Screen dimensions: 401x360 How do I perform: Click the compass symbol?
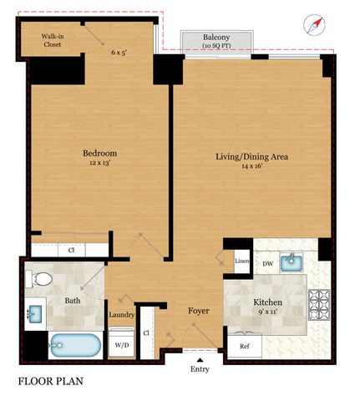click(x=314, y=26)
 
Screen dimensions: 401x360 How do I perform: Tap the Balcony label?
click(x=217, y=38)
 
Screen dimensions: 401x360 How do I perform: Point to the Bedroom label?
click(x=99, y=154)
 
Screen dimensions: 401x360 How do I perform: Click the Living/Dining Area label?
click(x=251, y=156)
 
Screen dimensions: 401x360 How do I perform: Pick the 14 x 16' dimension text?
click(x=251, y=168)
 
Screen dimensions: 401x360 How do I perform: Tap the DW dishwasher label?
click(x=268, y=263)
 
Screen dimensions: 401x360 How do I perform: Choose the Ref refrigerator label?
click(x=245, y=346)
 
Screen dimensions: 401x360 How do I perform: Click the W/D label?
click(x=121, y=343)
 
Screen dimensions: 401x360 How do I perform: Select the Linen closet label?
click(x=242, y=262)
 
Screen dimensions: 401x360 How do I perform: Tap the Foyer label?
click(x=198, y=312)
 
